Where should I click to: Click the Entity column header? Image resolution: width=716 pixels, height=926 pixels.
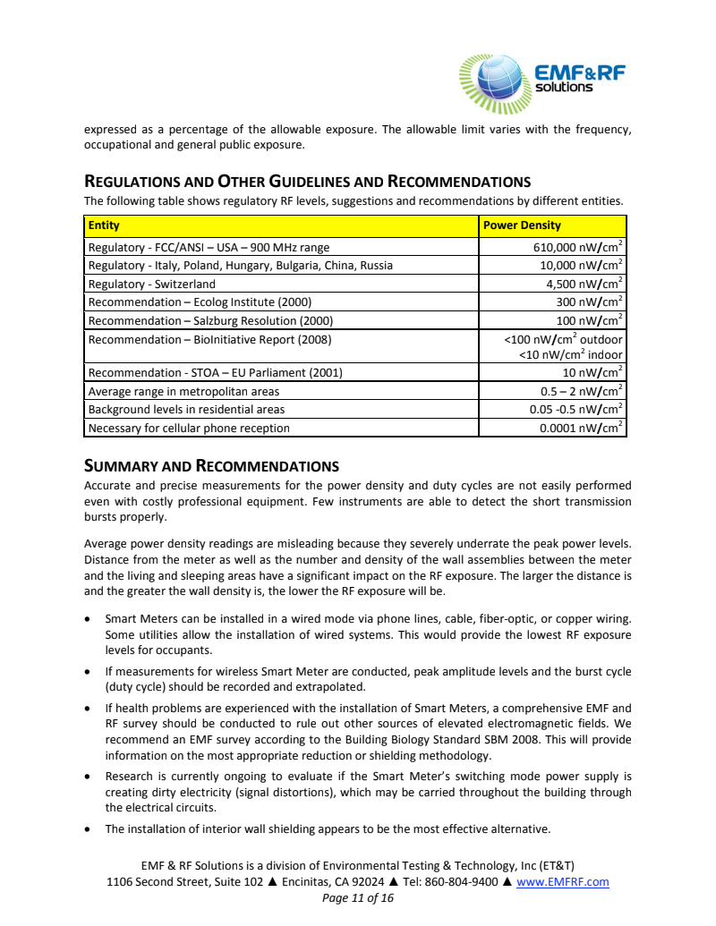click(104, 225)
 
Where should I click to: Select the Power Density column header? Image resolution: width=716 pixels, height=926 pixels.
click(522, 225)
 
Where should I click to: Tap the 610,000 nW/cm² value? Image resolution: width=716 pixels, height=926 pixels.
click(576, 247)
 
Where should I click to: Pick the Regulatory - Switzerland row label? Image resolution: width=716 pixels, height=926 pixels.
click(151, 284)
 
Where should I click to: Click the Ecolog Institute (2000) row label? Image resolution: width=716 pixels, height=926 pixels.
click(200, 302)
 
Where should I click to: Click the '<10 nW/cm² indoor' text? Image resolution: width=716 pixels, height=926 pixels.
click(570, 355)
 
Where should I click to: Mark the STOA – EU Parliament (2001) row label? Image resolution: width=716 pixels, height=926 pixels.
click(215, 373)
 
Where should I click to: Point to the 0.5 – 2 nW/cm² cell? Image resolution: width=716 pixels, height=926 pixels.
click(581, 391)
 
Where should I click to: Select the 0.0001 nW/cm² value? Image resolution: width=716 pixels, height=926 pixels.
click(581, 428)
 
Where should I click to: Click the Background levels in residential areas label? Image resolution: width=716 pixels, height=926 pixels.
click(186, 410)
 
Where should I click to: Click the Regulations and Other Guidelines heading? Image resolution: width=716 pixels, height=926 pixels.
click(307, 183)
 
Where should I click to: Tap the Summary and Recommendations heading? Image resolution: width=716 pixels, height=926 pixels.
click(211, 466)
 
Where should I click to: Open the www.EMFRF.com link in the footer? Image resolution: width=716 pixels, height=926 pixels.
click(563, 882)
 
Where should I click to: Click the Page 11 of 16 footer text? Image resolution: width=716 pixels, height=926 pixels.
click(358, 898)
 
